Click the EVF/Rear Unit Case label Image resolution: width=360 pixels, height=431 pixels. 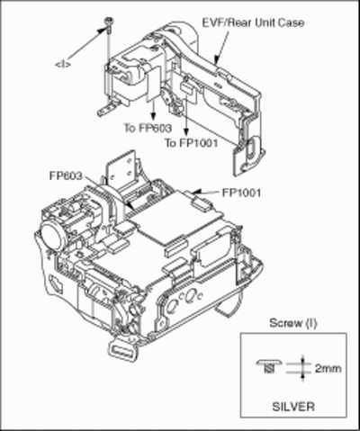(254, 22)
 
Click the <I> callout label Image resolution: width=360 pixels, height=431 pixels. (63, 64)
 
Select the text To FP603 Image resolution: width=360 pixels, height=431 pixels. (148, 128)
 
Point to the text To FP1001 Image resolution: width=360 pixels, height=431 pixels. (191, 143)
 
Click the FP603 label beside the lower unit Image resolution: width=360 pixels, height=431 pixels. (66, 175)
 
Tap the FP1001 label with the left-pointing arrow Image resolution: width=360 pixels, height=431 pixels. (241, 193)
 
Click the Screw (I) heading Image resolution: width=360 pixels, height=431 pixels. (293, 323)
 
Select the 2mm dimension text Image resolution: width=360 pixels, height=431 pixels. (328, 368)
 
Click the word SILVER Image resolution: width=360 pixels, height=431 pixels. (293, 407)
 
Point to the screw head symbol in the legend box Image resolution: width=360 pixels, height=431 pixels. (269, 365)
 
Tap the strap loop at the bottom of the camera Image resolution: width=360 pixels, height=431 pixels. (122, 350)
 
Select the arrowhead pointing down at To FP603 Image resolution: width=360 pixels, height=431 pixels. (153, 115)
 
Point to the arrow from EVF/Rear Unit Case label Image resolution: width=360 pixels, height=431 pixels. (221, 47)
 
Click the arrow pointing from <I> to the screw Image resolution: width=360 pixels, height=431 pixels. (87, 45)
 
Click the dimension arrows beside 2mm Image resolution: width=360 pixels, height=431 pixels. (302, 368)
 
